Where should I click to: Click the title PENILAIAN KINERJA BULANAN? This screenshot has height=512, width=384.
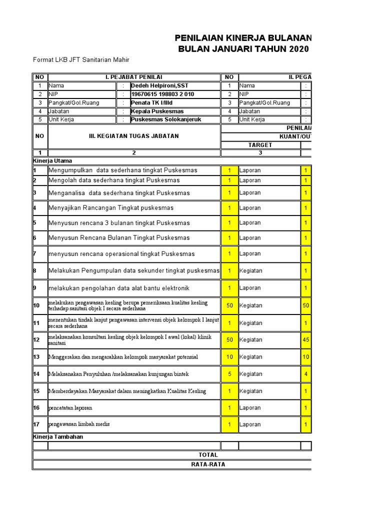click(x=242, y=38)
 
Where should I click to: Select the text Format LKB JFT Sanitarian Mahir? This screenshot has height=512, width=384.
click(x=81, y=60)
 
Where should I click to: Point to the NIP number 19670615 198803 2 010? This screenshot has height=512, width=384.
click(x=162, y=94)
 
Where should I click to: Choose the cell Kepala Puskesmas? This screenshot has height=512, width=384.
click(x=157, y=111)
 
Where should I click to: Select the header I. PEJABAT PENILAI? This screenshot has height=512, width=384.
click(x=133, y=77)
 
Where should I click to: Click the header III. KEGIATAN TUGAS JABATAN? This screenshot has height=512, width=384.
click(x=133, y=136)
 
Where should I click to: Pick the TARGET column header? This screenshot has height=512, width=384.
click(x=260, y=144)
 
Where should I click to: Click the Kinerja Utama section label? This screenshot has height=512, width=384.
click(x=52, y=161)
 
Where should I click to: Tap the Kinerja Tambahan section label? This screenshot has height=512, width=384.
click(x=58, y=436)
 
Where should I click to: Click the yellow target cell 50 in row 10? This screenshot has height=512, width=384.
click(x=229, y=305)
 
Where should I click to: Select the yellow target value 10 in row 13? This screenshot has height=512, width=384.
click(x=229, y=356)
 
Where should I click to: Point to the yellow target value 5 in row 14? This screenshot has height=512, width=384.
click(x=229, y=373)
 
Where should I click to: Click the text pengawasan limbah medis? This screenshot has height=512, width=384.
click(x=79, y=424)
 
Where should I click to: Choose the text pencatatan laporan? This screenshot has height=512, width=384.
click(x=70, y=408)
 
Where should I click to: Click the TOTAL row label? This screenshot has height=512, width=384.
click(x=207, y=454)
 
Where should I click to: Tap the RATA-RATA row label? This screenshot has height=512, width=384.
click(x=207, y=464)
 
